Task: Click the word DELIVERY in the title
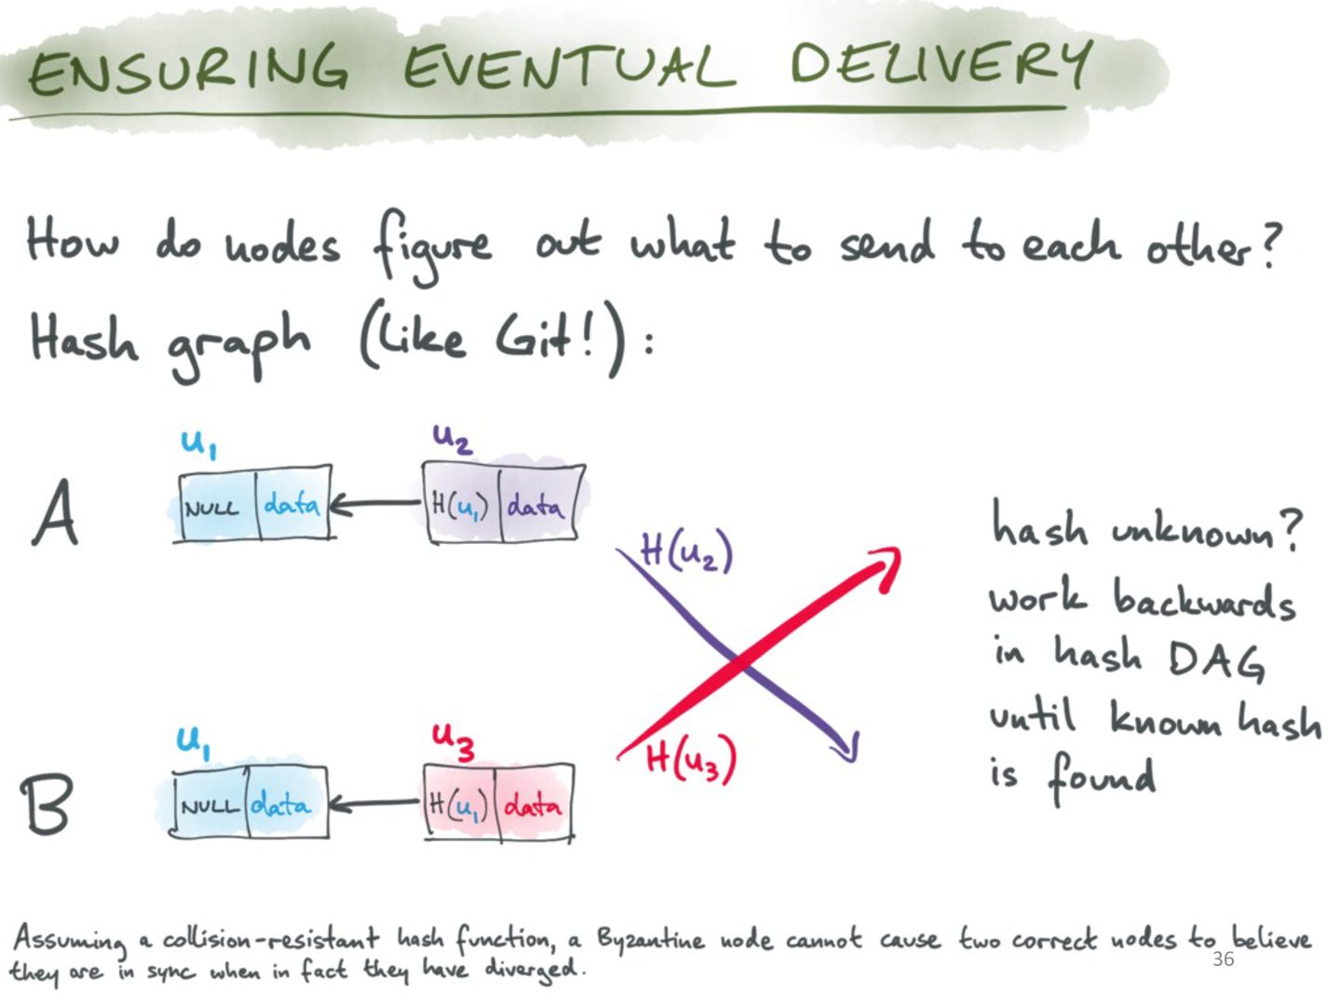coord(941,66)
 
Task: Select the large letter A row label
coord(55,512)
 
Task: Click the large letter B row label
coord(47,804)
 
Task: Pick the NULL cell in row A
coord(218,503)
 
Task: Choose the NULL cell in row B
coord(210,804)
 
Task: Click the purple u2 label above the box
coord(452,439)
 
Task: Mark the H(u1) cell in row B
coord(459,804)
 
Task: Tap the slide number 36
coord(1223,959)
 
